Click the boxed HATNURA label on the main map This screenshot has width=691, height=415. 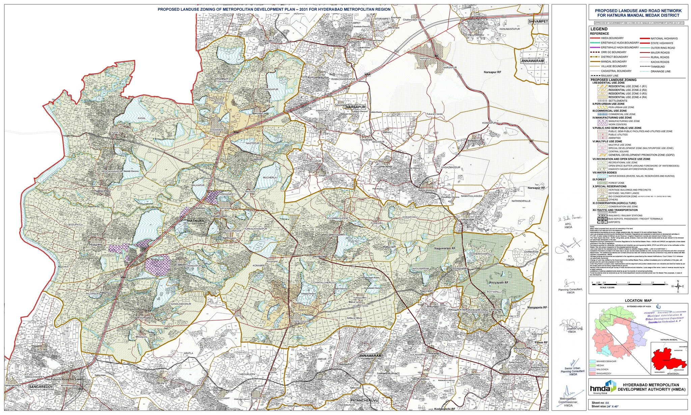pos(196,220)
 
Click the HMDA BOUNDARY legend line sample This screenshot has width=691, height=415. pos(599,38)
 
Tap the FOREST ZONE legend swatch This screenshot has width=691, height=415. pos(603,183)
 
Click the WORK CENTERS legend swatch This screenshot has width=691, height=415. pos(603,124)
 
